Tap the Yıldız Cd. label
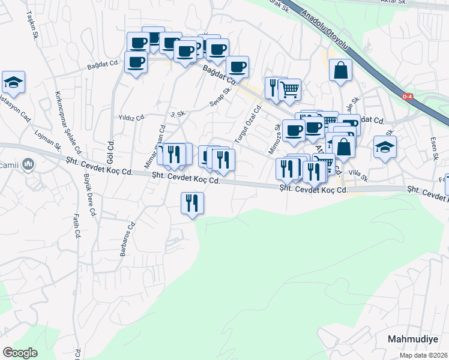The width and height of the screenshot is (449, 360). pyautogui.click(x=132, y=117)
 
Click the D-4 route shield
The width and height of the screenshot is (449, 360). pyautogui.click(x=408, y=96)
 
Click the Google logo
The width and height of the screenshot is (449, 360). pyautogui.click(x=20, y=352)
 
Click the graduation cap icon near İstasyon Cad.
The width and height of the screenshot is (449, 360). pyautogui.click(x=13, y=82)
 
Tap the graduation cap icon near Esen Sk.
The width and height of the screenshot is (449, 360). pyautogui.click(x=384, y=146)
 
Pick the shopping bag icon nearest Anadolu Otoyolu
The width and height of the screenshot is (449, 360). pyautogui.click(x=340, y=71)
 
